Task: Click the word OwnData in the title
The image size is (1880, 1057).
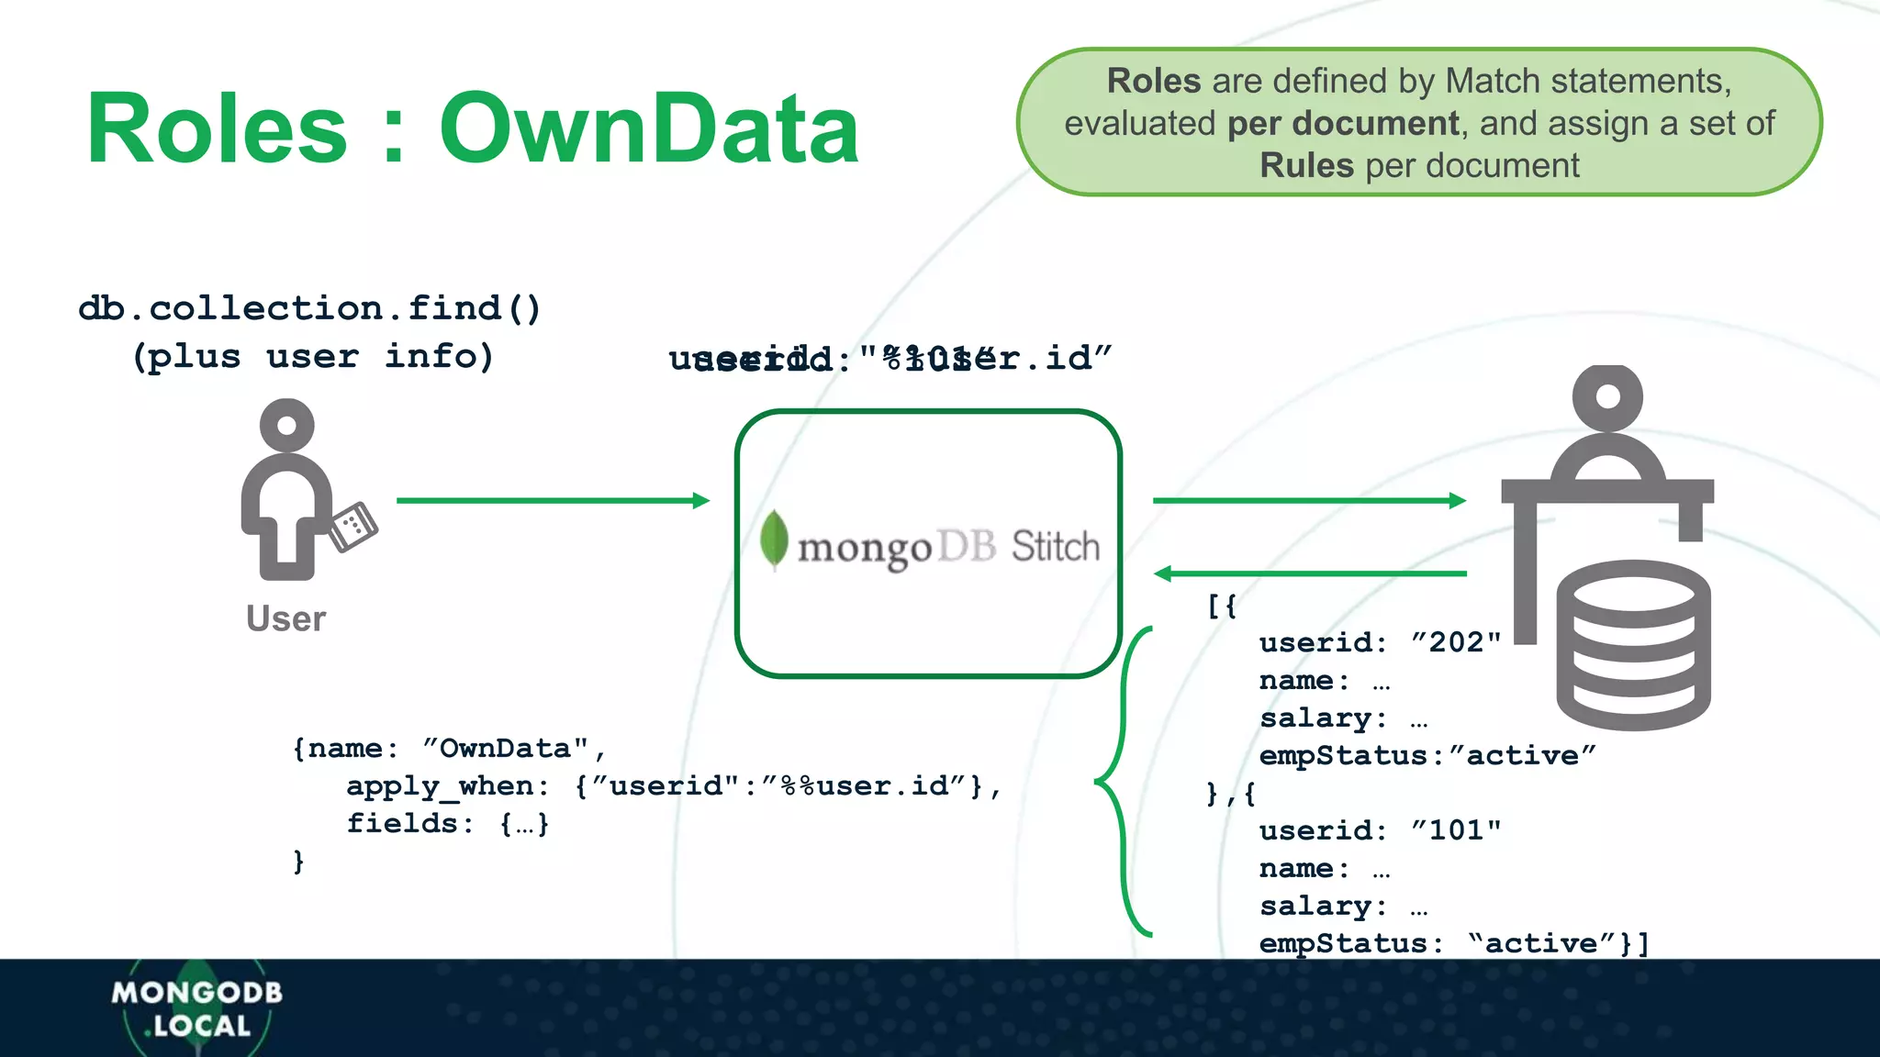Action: point(649,128)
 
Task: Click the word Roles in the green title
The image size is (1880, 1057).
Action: point(217,128)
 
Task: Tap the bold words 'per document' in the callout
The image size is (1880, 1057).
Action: point(1343,123)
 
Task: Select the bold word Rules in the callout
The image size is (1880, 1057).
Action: point(1305,165)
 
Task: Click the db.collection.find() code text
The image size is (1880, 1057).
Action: point(309,308)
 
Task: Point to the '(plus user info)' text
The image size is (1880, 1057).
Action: point(312,356)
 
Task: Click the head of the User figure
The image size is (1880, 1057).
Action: point(287,425)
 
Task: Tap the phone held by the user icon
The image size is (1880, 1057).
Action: point(353,527)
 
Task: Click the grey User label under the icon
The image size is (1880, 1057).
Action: point(285,618)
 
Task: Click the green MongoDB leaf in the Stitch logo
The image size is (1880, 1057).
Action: point(774,539)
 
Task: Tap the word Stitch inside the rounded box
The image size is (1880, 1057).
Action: point(1055,547)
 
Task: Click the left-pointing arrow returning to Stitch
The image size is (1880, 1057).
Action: point(1309,573)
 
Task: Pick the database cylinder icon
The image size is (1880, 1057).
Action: point(1633,644)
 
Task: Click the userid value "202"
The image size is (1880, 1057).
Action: point(1456,642)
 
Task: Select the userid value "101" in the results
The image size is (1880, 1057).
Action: point(1456,830)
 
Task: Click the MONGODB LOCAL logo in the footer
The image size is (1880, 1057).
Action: point(196,1007)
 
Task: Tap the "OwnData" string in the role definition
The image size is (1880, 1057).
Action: point(506,749)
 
